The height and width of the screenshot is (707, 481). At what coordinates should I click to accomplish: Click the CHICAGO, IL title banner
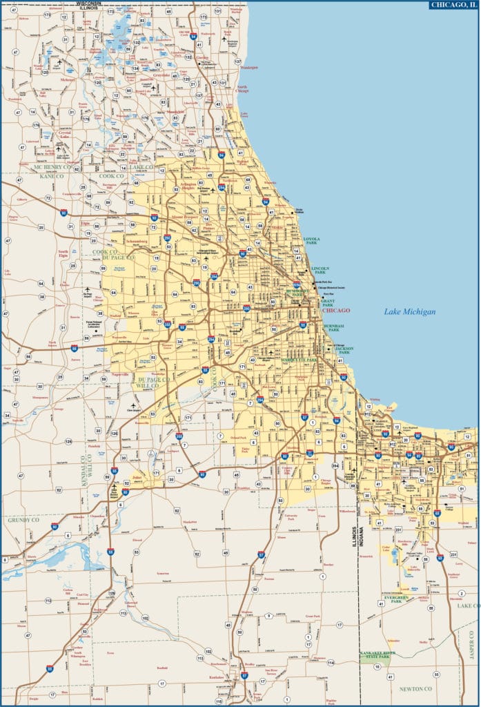click(453, 5)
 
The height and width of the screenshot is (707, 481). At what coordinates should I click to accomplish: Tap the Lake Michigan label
click(410, 312)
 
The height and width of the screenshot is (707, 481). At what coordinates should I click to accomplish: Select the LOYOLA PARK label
click(312, 241)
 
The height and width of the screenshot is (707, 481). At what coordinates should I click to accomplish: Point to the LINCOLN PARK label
click(319, 270)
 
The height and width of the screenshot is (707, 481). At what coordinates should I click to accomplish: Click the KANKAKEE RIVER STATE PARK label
click(375, 655)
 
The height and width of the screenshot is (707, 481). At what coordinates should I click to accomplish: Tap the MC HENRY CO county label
click(50, 167)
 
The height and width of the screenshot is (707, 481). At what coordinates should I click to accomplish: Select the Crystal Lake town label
click(64, 134)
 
